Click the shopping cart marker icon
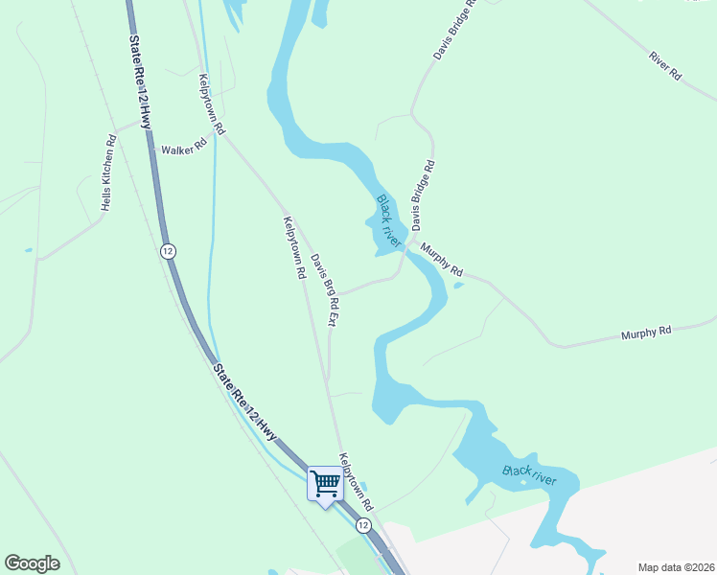325,483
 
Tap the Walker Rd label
184,149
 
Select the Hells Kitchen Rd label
108,172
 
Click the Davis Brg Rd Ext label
324,288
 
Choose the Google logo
32,563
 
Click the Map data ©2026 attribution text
675,567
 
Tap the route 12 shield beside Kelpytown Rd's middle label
168,251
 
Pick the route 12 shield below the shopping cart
363,525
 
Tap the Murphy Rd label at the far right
646,333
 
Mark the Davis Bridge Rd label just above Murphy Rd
424,195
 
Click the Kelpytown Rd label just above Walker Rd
211,103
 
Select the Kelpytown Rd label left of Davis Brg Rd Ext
293,247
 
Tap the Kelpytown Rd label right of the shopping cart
355,481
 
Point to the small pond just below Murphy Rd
458,285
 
